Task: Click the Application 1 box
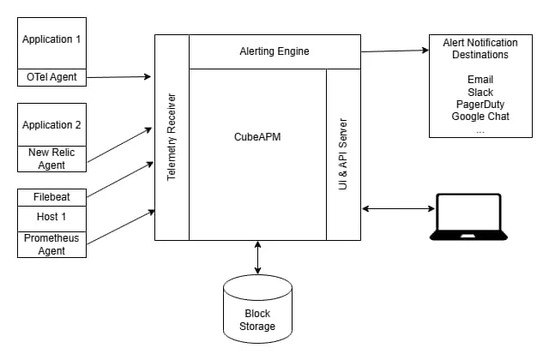[x=52, y=40]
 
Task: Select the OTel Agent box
[x=52, y=77]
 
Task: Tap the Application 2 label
[x=52, y=125]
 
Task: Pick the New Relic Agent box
[x=52, y=158]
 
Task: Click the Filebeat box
[x=52, y=197]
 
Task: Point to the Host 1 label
[x=52, y=218]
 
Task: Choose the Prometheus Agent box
[x=52, y=243]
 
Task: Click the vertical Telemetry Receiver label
[x=172, y=137]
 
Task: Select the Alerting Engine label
[x=274, y=52]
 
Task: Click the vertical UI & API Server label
[x=344, y=155]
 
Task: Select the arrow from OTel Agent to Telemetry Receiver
[x=120, y=77]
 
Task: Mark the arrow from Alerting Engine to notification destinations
[x=395, y=51]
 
